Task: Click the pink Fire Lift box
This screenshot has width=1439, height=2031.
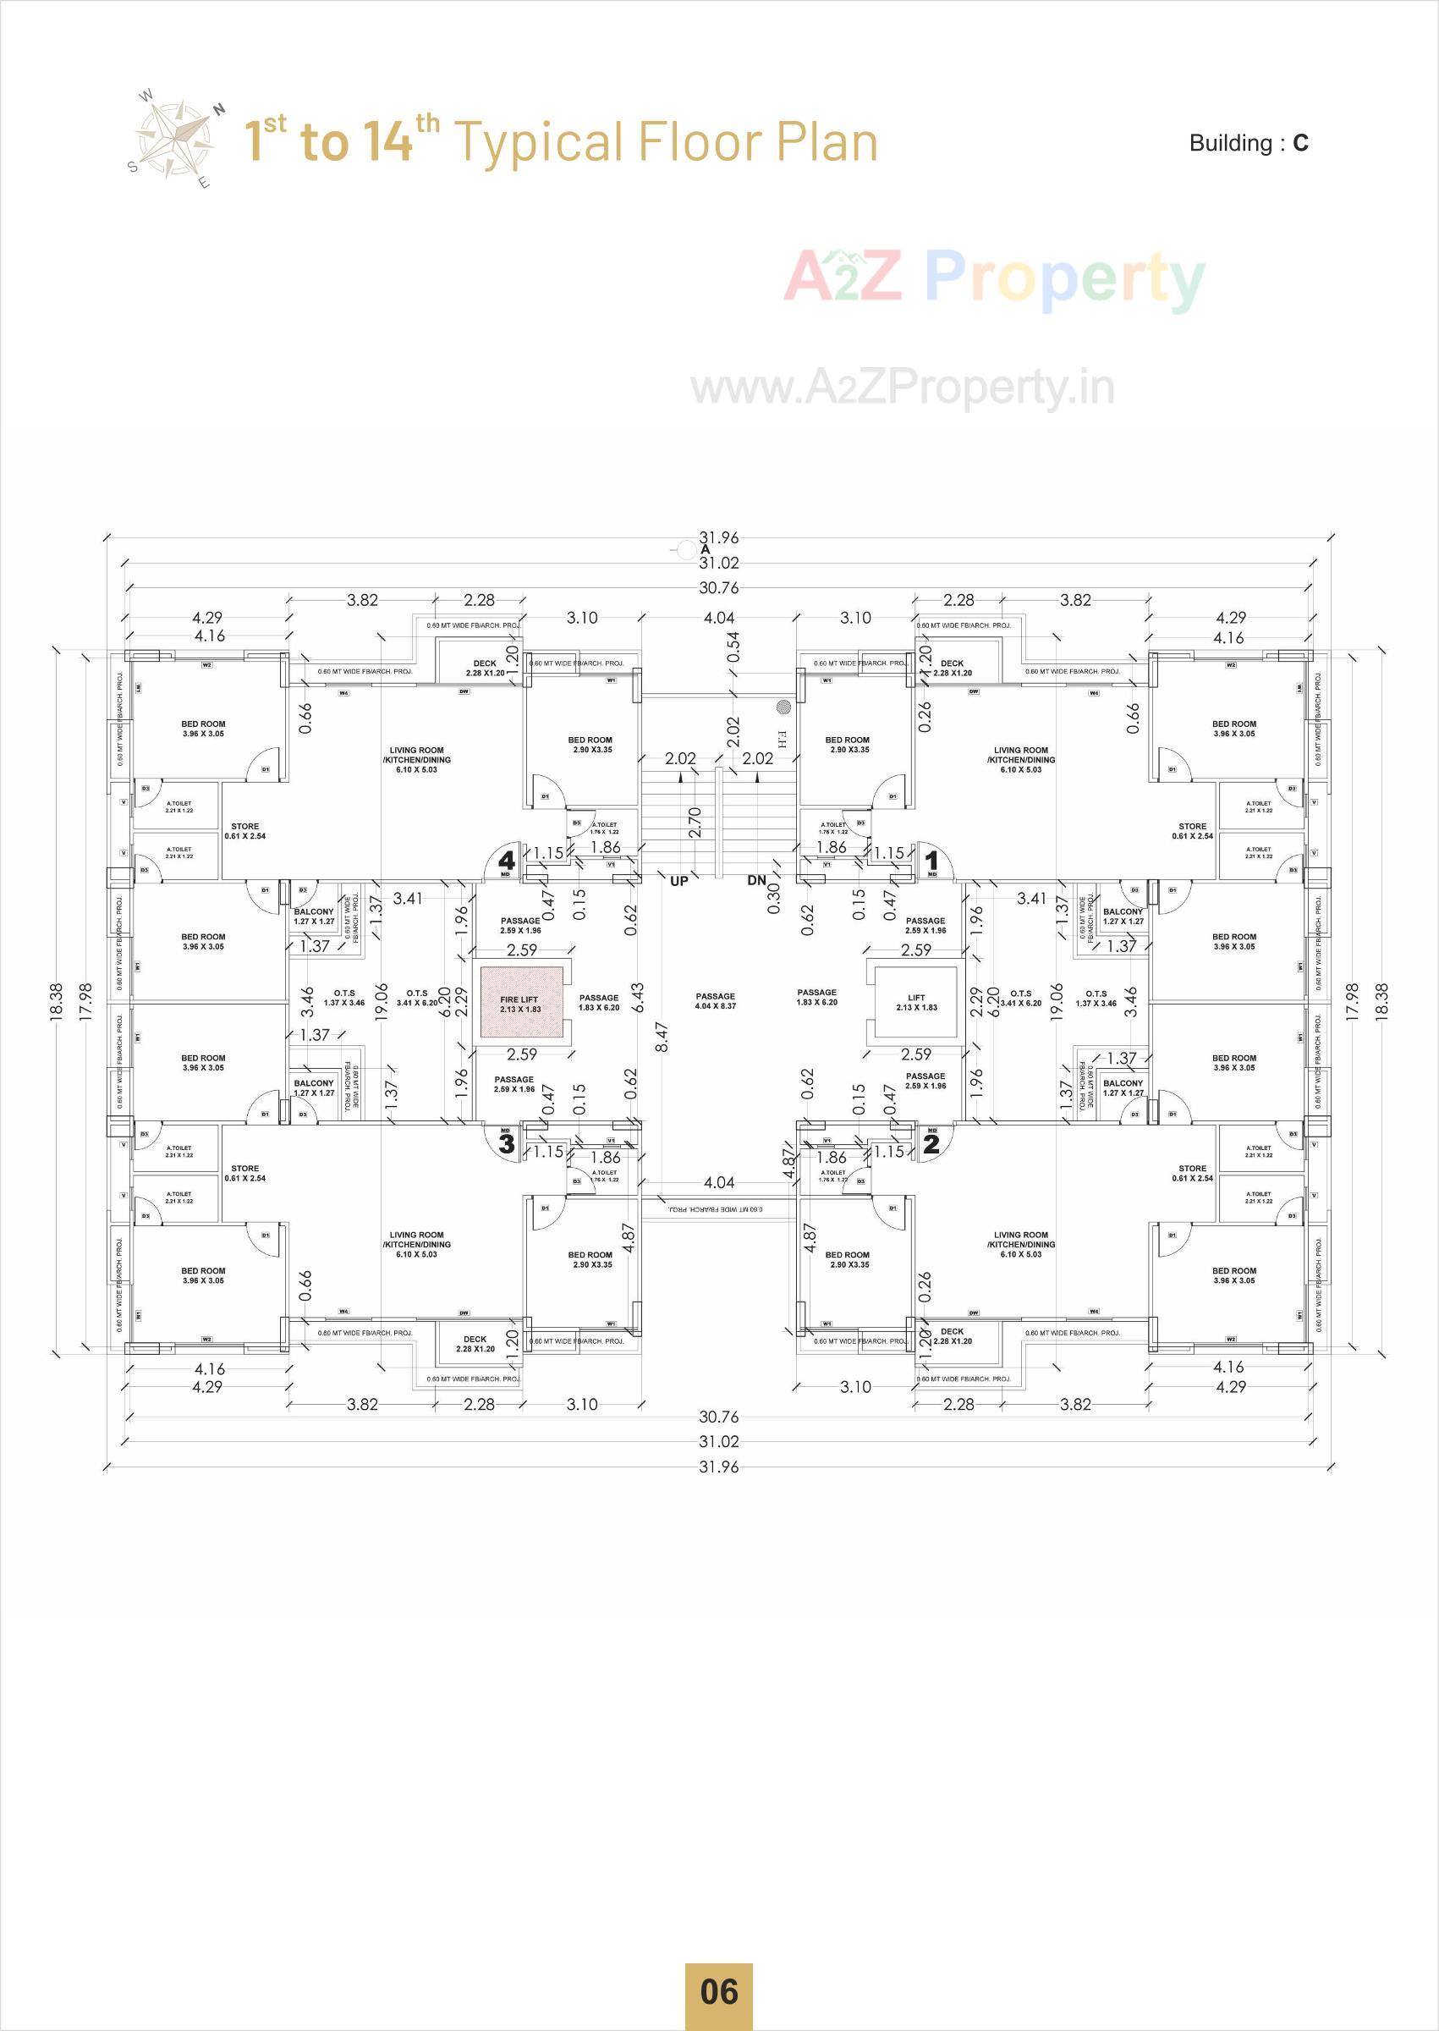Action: (x=521, y=1002)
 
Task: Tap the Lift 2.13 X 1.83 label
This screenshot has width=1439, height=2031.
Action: (x=916, y=1002)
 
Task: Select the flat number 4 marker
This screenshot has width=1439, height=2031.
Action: (x=507, y=860)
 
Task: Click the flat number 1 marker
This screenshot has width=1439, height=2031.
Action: (x=931, y=860)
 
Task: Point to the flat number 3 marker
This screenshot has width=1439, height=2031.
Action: (x=507, y=1143)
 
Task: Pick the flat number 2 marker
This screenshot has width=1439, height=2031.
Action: (x=931, y=1143)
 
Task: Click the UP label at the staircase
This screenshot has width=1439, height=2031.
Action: (x=678, y=881)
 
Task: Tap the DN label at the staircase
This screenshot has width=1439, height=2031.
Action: (x=756, y=881)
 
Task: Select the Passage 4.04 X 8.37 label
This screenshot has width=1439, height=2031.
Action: (x=716, y=1000)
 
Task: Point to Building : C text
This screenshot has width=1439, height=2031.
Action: (x=1249, y=144)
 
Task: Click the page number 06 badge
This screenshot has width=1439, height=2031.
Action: (x=718, y=1991)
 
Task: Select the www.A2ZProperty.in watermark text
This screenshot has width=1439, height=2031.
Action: (x=902, y=388)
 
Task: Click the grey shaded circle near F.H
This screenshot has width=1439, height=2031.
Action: (x=783, y=707)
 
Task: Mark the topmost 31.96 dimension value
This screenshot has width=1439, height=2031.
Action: (x=718, y=537)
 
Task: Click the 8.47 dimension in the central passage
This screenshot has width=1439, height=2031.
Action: (x=661, y=1037)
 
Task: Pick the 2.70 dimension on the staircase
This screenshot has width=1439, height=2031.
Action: (x=695, y=822)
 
